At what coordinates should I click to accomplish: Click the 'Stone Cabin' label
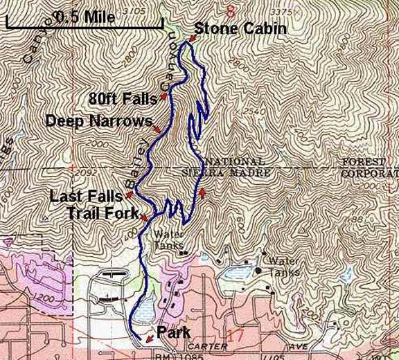tap(240, 29)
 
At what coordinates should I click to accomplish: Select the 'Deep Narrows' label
tap(98, 120)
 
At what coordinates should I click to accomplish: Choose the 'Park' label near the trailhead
tap(174, 333)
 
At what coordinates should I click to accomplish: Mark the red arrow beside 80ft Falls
tap(163, 96)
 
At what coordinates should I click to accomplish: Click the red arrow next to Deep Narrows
tap(158, 129)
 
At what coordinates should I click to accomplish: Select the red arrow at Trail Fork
tap(143, 218)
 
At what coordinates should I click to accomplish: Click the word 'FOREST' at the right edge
tap(360, 161)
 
